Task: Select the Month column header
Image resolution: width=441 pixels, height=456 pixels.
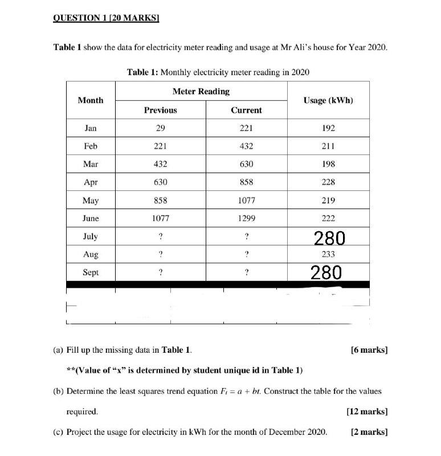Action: click(91, 100)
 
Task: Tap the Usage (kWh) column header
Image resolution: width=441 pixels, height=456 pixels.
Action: click(328, 100)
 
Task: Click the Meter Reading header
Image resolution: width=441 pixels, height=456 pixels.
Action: click(201, 91)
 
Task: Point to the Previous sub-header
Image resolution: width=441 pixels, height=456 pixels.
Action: click(160, 110)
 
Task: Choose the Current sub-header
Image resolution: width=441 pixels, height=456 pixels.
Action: click(246, 110)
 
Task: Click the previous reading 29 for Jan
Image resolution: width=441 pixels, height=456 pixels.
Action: click(160, 128)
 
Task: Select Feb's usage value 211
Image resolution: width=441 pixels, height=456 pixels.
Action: click(328, 146)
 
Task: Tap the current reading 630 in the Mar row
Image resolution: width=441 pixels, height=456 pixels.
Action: click(246, 164)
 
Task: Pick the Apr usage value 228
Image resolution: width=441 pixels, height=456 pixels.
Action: click(328, 182)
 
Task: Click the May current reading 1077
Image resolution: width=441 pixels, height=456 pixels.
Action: click(246, 201)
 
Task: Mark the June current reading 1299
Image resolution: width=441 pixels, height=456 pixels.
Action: click(246, 218)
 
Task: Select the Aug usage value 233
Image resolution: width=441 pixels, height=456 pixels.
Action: click(328, 255)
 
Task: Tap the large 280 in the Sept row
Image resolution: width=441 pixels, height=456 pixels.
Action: click(326, 272)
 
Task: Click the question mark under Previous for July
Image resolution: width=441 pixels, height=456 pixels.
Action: click(160, 237)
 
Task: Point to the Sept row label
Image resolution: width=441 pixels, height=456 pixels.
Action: click(91, 272)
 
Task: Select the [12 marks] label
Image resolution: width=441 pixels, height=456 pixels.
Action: click(367, 410)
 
